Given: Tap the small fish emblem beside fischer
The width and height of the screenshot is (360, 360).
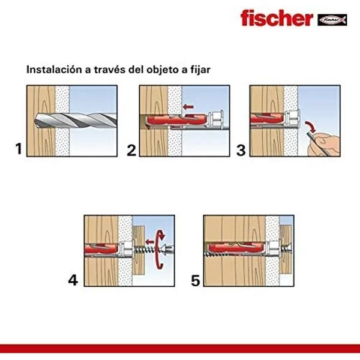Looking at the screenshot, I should coord(332,19).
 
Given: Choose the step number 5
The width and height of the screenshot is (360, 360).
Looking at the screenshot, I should coord(196,280).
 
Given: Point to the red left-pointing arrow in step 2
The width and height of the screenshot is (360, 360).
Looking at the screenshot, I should coord(189,108).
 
